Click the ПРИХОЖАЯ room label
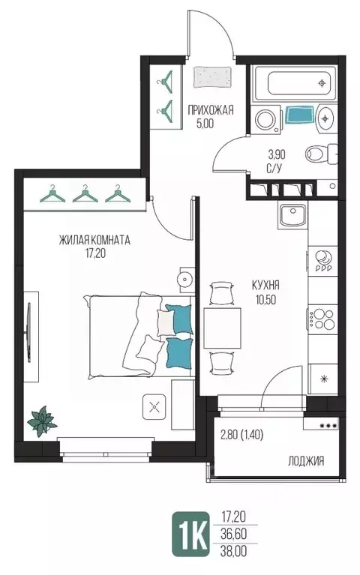coord(210,110)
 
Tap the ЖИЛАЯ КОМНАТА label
coord(94,240)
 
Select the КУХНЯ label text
coord(265,285)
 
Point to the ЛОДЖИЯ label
coord(306,460)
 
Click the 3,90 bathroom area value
coord(277,154)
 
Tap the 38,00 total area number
coord(234,551)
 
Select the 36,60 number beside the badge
coord(234,534)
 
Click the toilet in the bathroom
coord(322,154)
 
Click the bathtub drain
coord(322,83)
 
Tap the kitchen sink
coord(292,216)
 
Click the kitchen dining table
coord(223,328)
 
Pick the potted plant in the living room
coord(43,422)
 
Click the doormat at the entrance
coord(212,77)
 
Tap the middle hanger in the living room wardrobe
coord(85,194)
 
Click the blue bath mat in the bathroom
coord(299,115)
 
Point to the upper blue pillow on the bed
coord(179,319)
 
